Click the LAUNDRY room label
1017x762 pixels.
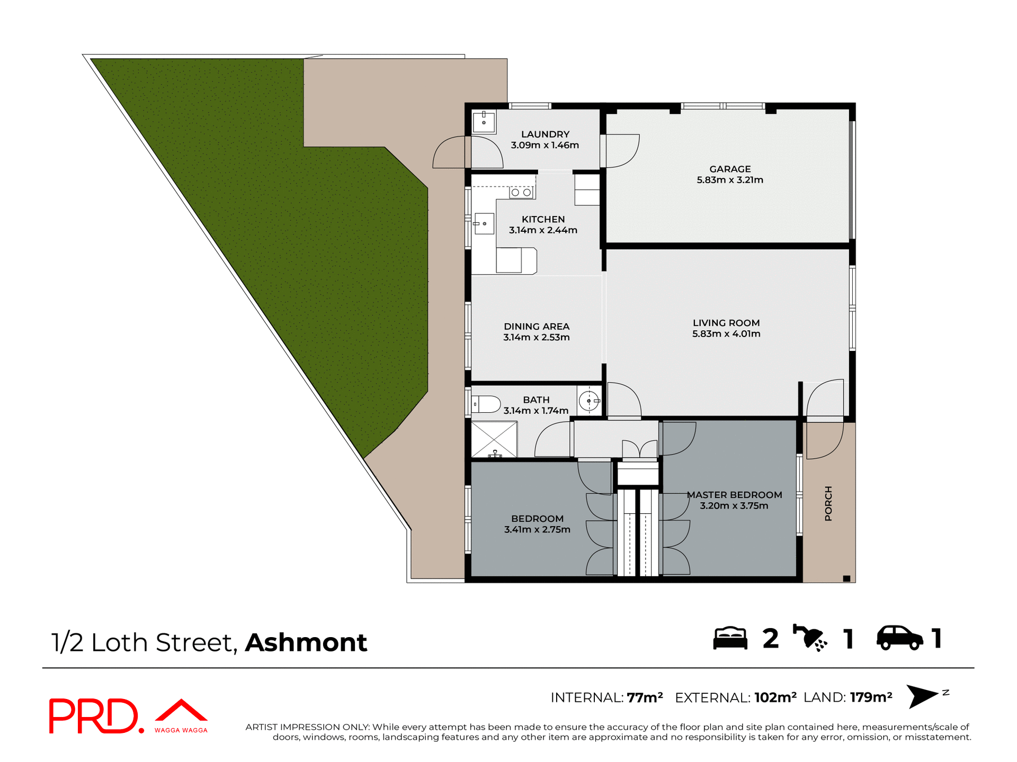point(545,134)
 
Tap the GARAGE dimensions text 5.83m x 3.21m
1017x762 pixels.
point(729,180)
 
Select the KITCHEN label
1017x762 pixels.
point(543,219)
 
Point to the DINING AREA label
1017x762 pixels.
point(536,326)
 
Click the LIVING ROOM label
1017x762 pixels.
point(726,323)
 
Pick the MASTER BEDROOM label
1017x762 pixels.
point(734,495)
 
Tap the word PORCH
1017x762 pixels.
point(828,503)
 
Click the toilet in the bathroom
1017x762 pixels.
point(486,404)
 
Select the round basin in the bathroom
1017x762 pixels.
point(588,401)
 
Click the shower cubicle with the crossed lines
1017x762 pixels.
point(494,439)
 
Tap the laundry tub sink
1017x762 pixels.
point(484,122)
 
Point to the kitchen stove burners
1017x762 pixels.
point(521,193)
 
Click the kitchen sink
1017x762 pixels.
point(484,224)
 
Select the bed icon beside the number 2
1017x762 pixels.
point(730,638)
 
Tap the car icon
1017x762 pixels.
point(899,638)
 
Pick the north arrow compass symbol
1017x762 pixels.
point(923,696)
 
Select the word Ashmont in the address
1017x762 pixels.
point(306,642)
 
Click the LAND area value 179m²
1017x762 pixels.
point(871,697)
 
